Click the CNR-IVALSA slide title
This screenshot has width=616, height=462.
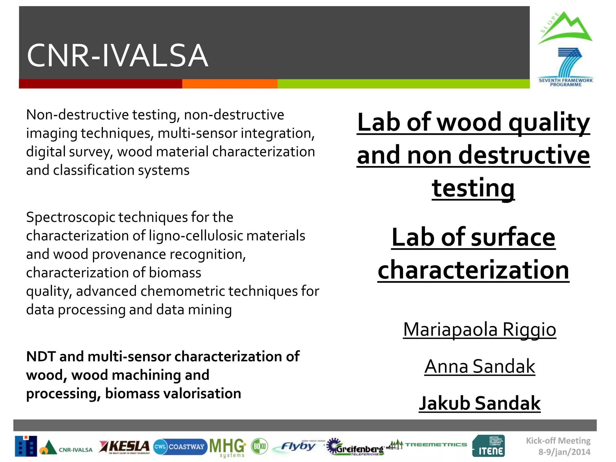(x=117, y=56)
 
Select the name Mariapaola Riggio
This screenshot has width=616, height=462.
(x=479, y=329)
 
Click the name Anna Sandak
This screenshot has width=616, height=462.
(x=480, y=366)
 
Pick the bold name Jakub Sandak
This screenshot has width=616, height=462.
(x=480, y=403)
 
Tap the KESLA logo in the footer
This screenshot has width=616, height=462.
(x=125, y=447)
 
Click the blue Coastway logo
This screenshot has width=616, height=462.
(x=180, y=447)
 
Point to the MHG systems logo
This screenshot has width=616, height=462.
(x=228, y=447)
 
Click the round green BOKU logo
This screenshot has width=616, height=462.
(x=259, y=446)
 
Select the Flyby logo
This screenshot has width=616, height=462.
(x=298, y=446)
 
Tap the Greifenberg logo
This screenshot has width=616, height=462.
(x=356, y=447)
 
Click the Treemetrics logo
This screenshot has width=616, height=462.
(x=427, y=444)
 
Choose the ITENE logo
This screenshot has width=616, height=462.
(x=489, y=446)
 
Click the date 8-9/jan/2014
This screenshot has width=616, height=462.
(x=564, y=452)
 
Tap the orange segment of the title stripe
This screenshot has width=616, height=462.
(x=230, y=84)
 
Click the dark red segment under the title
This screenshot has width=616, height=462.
(x=100, y=84)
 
